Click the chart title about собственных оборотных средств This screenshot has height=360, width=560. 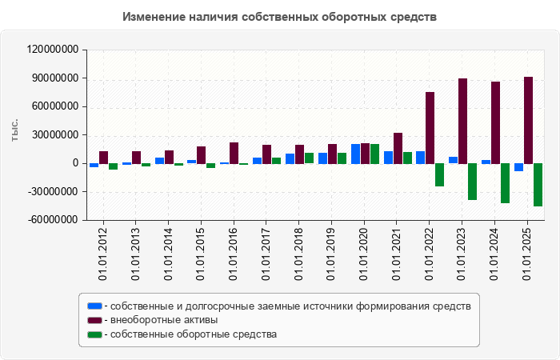(x=280, y=17)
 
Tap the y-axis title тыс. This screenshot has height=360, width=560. (x=15, y=132)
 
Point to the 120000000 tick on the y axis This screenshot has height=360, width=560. (x=53, y=50)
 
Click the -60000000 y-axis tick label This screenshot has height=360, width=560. (x=53, y=220)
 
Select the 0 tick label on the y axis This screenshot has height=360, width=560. (x=75, y=163)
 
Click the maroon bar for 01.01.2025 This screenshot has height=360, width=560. (x=528, y=120)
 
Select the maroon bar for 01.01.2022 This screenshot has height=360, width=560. (x=430, y=128)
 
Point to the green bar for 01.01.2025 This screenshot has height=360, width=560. (x=538, y=185)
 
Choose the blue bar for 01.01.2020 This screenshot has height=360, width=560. (x=355, y=154)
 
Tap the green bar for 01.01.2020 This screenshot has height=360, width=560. (x=374, y=154)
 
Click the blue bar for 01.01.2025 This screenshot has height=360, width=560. (x=518, y=167)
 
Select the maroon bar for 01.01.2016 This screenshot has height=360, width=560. (x=234, y=153)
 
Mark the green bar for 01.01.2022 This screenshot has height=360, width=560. (x=439, y=175)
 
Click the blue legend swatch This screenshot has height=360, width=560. (x=94, y=306)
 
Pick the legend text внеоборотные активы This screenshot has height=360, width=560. (x=164, y=320)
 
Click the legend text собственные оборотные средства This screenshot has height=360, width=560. (x=194, y=334)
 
